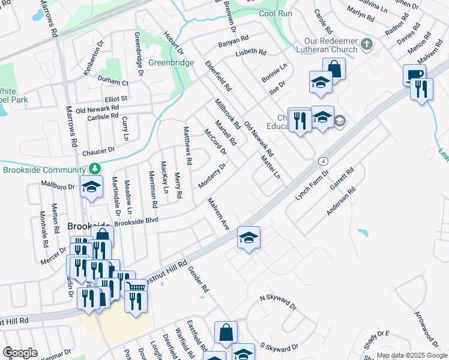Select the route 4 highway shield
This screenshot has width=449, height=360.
(323, 161)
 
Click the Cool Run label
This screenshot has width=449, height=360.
(276, 14)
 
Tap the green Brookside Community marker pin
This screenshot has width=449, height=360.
(94, 170)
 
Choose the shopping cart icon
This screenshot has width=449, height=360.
(136, 289)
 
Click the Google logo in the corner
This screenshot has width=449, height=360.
(20, 353)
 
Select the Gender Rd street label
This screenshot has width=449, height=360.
(198, 280)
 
